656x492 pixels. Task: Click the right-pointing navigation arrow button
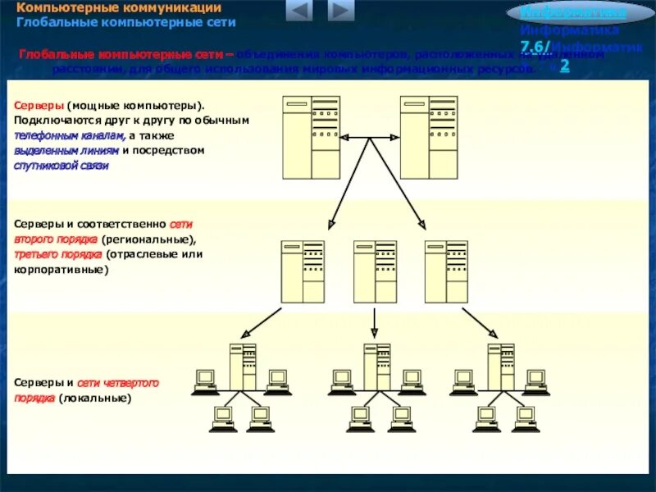coord(340,11)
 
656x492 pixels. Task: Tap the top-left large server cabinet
coord(311,136)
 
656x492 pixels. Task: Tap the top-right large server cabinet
coord(428,136)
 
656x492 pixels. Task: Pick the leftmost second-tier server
coord(303,271)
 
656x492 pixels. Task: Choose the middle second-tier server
coord(375,271)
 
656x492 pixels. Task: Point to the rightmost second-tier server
coord(446,271)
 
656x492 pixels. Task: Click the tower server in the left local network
coord(243,366)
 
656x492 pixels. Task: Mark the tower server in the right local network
coord(494,366)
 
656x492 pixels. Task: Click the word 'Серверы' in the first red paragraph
coord(39,106)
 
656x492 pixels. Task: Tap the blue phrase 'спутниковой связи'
coord(61,165)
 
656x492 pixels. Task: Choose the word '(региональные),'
coord(149,239)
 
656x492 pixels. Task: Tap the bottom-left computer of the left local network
coord(222,419)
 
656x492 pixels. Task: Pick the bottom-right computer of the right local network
coord(525,419)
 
